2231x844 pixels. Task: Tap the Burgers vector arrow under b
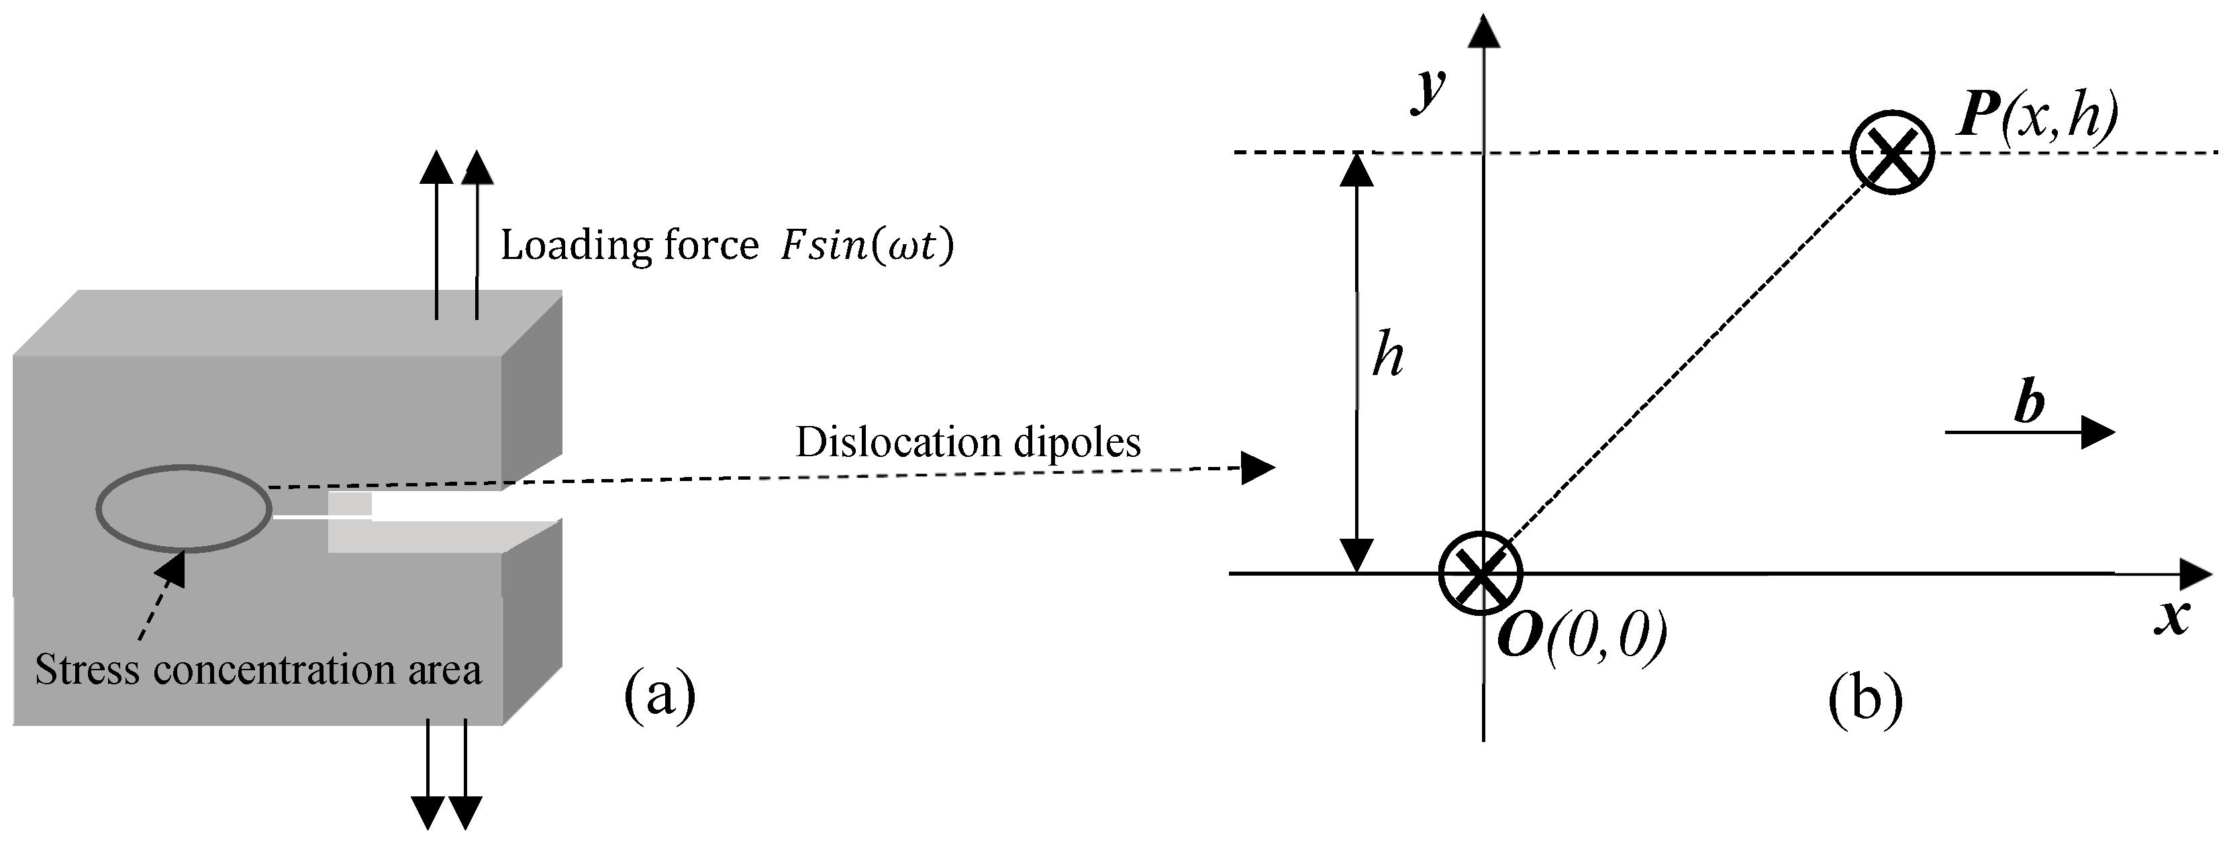point(2030,432)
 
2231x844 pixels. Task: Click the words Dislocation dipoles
point(967,442)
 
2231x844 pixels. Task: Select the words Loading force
point(630,246)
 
